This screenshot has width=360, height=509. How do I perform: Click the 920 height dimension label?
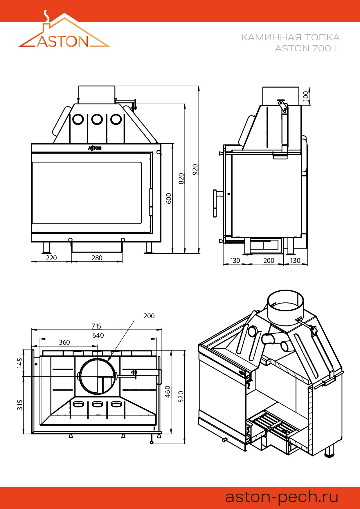tap(195, 169)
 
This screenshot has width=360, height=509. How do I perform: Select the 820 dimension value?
tap(181, 178)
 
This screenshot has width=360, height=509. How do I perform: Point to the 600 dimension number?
tap(169, 198)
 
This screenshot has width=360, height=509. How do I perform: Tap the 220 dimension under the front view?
tap(51, 258)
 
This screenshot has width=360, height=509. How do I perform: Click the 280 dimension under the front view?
tap(97, 258)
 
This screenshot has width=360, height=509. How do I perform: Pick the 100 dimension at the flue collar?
tap(306, 96)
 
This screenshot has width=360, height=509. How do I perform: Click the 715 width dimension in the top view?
tap(96, 326)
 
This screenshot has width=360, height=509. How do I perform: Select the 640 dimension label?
tap(98, 335)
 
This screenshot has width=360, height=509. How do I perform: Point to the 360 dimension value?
tap(64, 342)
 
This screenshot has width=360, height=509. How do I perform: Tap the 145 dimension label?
tap(20, 363)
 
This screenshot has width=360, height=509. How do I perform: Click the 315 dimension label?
tap(20, 405)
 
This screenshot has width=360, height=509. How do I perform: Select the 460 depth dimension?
tap(168, 392)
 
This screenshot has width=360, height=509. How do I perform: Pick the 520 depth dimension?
tap(181, 397)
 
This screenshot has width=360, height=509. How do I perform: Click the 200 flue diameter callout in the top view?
tap(149, 316)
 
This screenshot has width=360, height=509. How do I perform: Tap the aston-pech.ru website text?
tap(282, 497)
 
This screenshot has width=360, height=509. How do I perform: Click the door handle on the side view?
tap(215, 203)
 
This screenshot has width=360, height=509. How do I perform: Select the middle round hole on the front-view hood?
tap(97, 119)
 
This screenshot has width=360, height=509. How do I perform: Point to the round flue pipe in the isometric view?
tap(285, 308)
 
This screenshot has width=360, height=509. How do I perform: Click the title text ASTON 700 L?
tap(307, 48)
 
